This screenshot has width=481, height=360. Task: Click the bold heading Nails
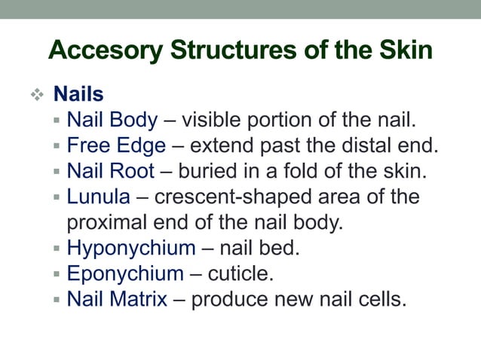click(x=78, y=95)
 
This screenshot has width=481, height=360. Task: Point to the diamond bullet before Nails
click(x=36, y=96)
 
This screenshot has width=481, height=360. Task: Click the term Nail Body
click(x=112, y=120)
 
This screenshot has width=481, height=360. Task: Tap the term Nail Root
click(x=112, y=171)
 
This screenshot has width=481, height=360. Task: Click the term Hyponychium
click(x=131, y=248)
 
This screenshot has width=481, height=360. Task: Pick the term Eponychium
click(x=125, y=273)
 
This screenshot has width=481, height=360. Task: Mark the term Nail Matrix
click(x=117, y=299)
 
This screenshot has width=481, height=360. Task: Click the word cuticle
click(x=244, y=273)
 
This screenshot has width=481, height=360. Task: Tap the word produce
click(x=232, y=299)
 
